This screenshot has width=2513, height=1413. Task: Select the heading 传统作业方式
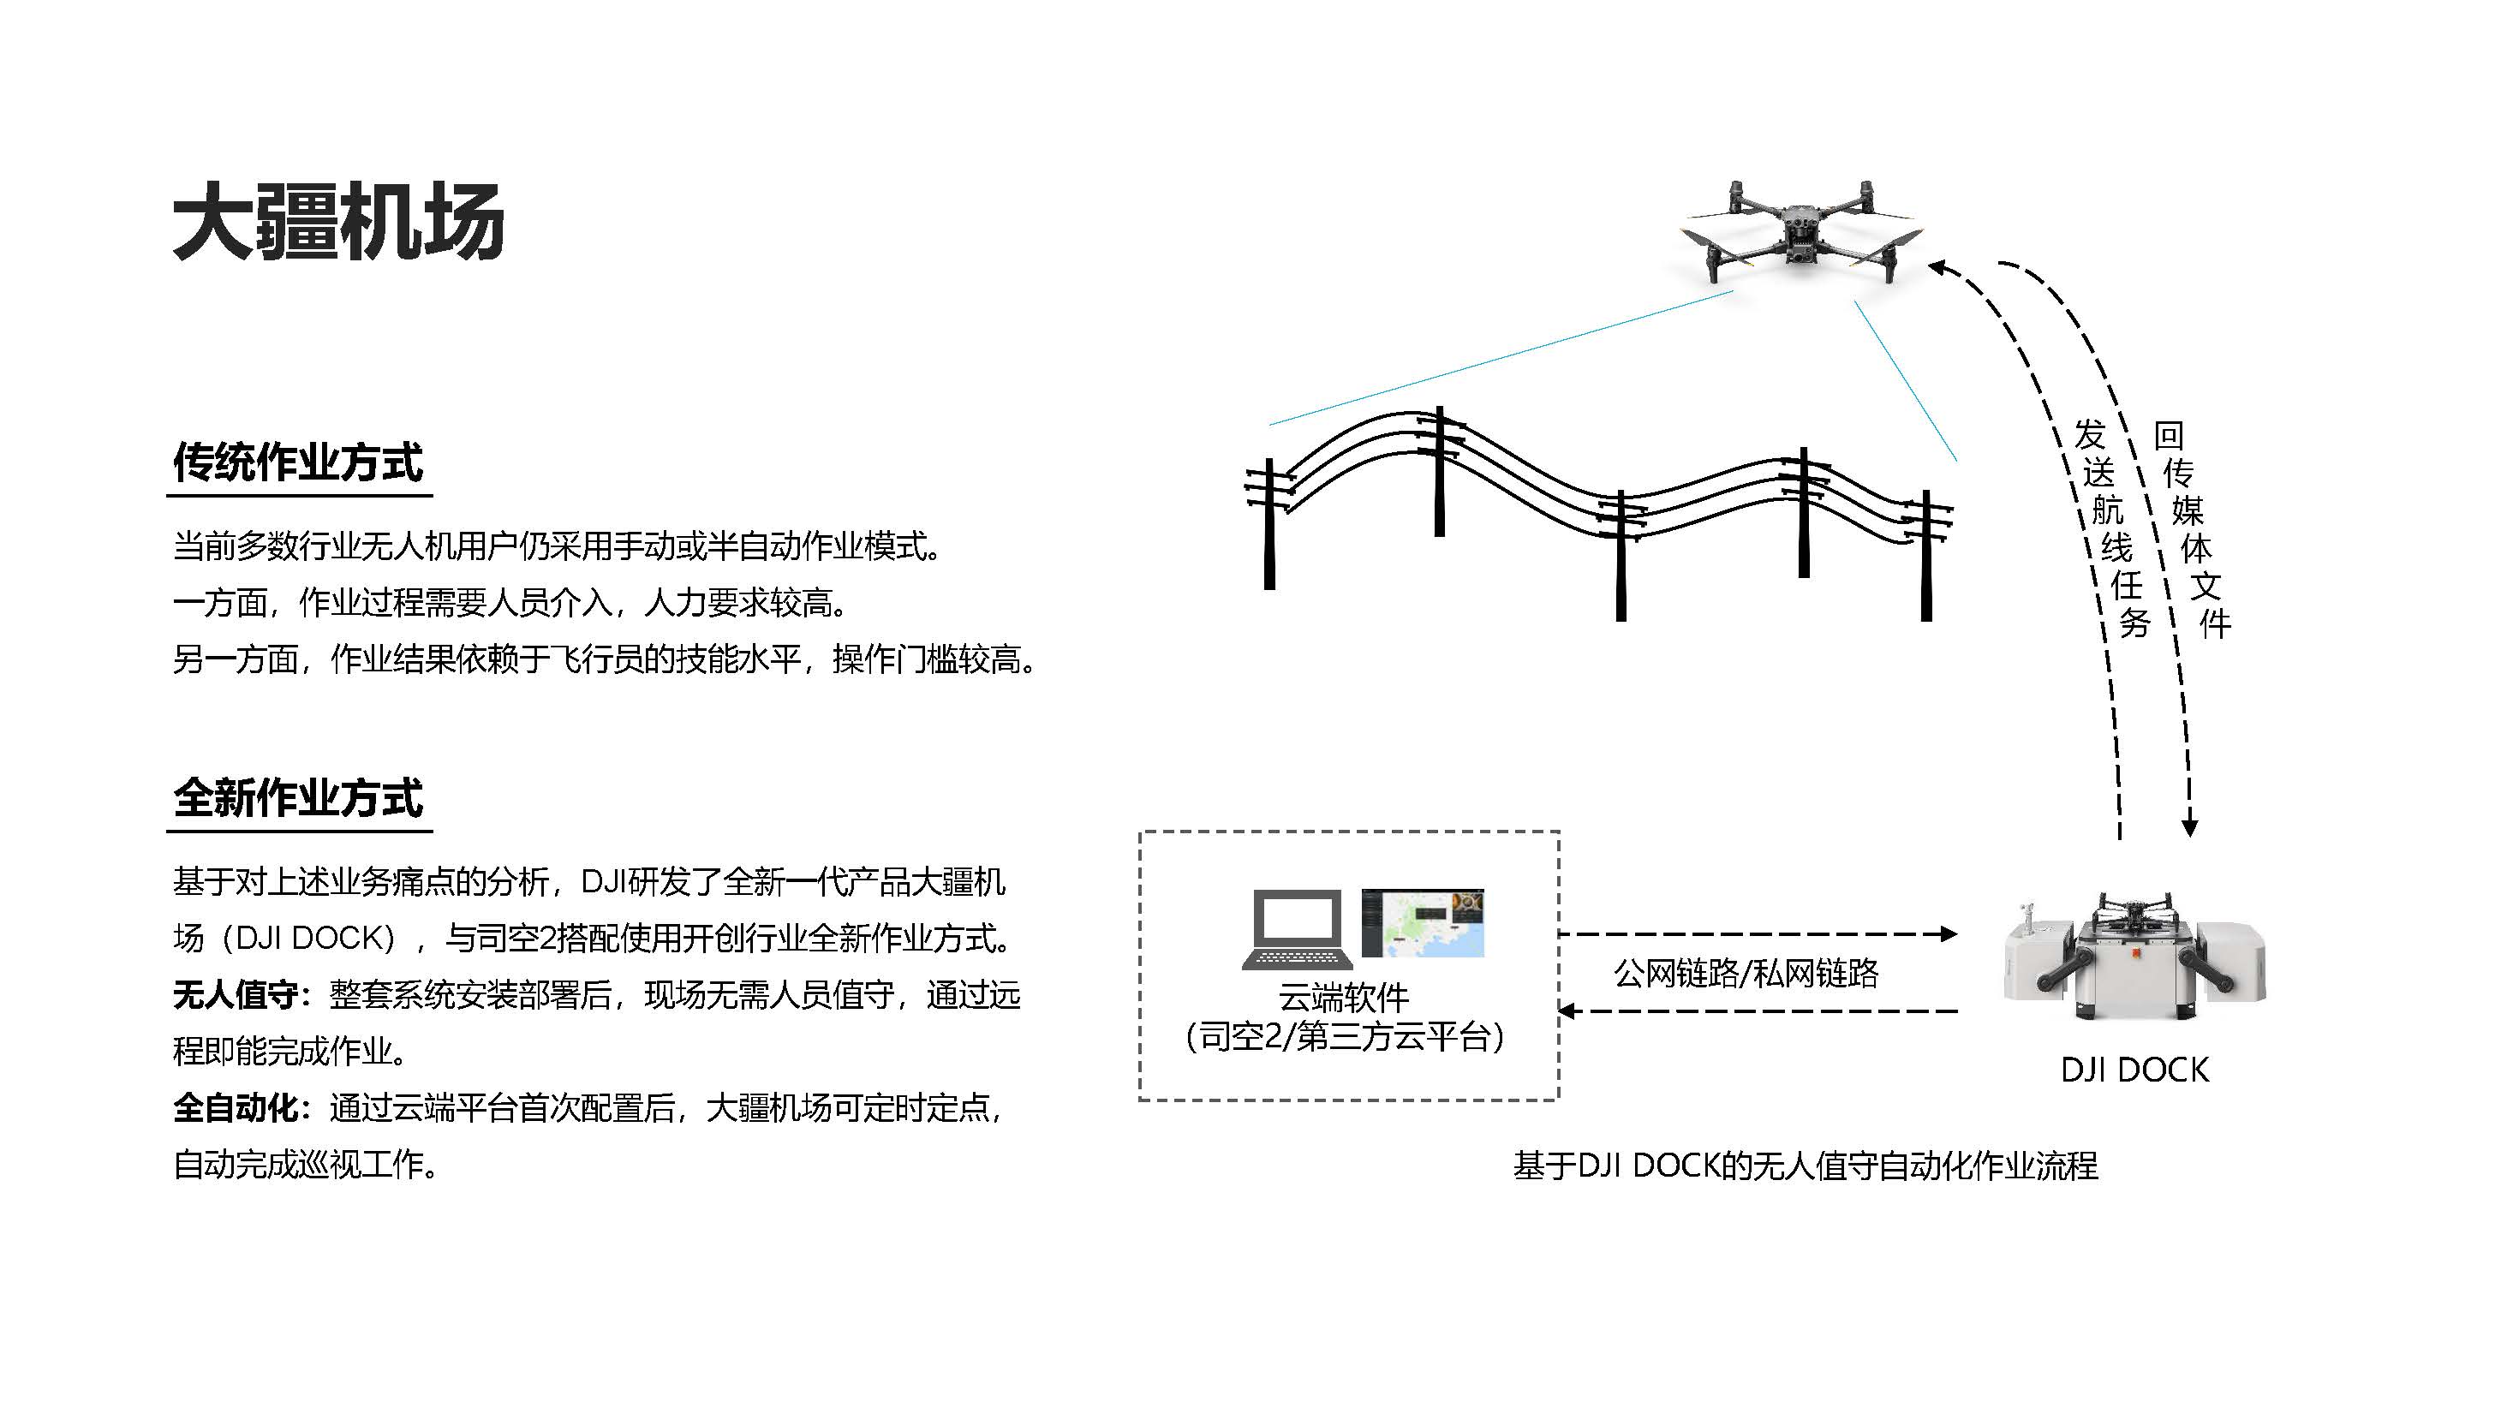[299, 462]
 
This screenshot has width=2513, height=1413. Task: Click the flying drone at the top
[1801, 232]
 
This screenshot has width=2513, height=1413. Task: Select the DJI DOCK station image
[2134, 956]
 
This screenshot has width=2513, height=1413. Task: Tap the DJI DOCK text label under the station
[2134, 1070]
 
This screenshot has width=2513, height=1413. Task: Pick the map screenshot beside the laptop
[1423, 922]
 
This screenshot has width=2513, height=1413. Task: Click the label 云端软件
[1345, 998]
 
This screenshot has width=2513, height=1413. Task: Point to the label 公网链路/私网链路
[1746, 973]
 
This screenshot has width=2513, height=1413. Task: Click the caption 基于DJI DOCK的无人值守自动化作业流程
[1805, 1166]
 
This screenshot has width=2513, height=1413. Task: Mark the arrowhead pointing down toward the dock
[2189, 828]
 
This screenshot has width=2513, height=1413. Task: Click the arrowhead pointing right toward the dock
[1949, 934]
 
